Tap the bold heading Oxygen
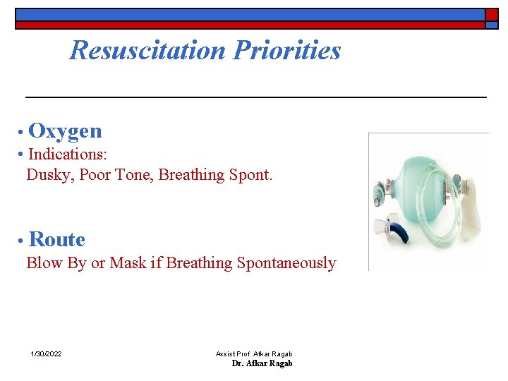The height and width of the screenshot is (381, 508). [x=66, y=131]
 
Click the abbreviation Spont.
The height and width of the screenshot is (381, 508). [x=250, y=174]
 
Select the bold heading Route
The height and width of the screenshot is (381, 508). [x=57, y=240]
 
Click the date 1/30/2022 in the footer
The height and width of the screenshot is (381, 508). [x=46, y=353]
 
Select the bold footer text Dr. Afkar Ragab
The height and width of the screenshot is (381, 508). [x=262, y=363]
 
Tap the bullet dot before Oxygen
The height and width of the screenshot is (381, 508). [x=23, y=132]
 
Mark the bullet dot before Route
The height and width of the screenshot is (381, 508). [x=23, y=241]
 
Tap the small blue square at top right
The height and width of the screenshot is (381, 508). [x=491, y=25]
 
